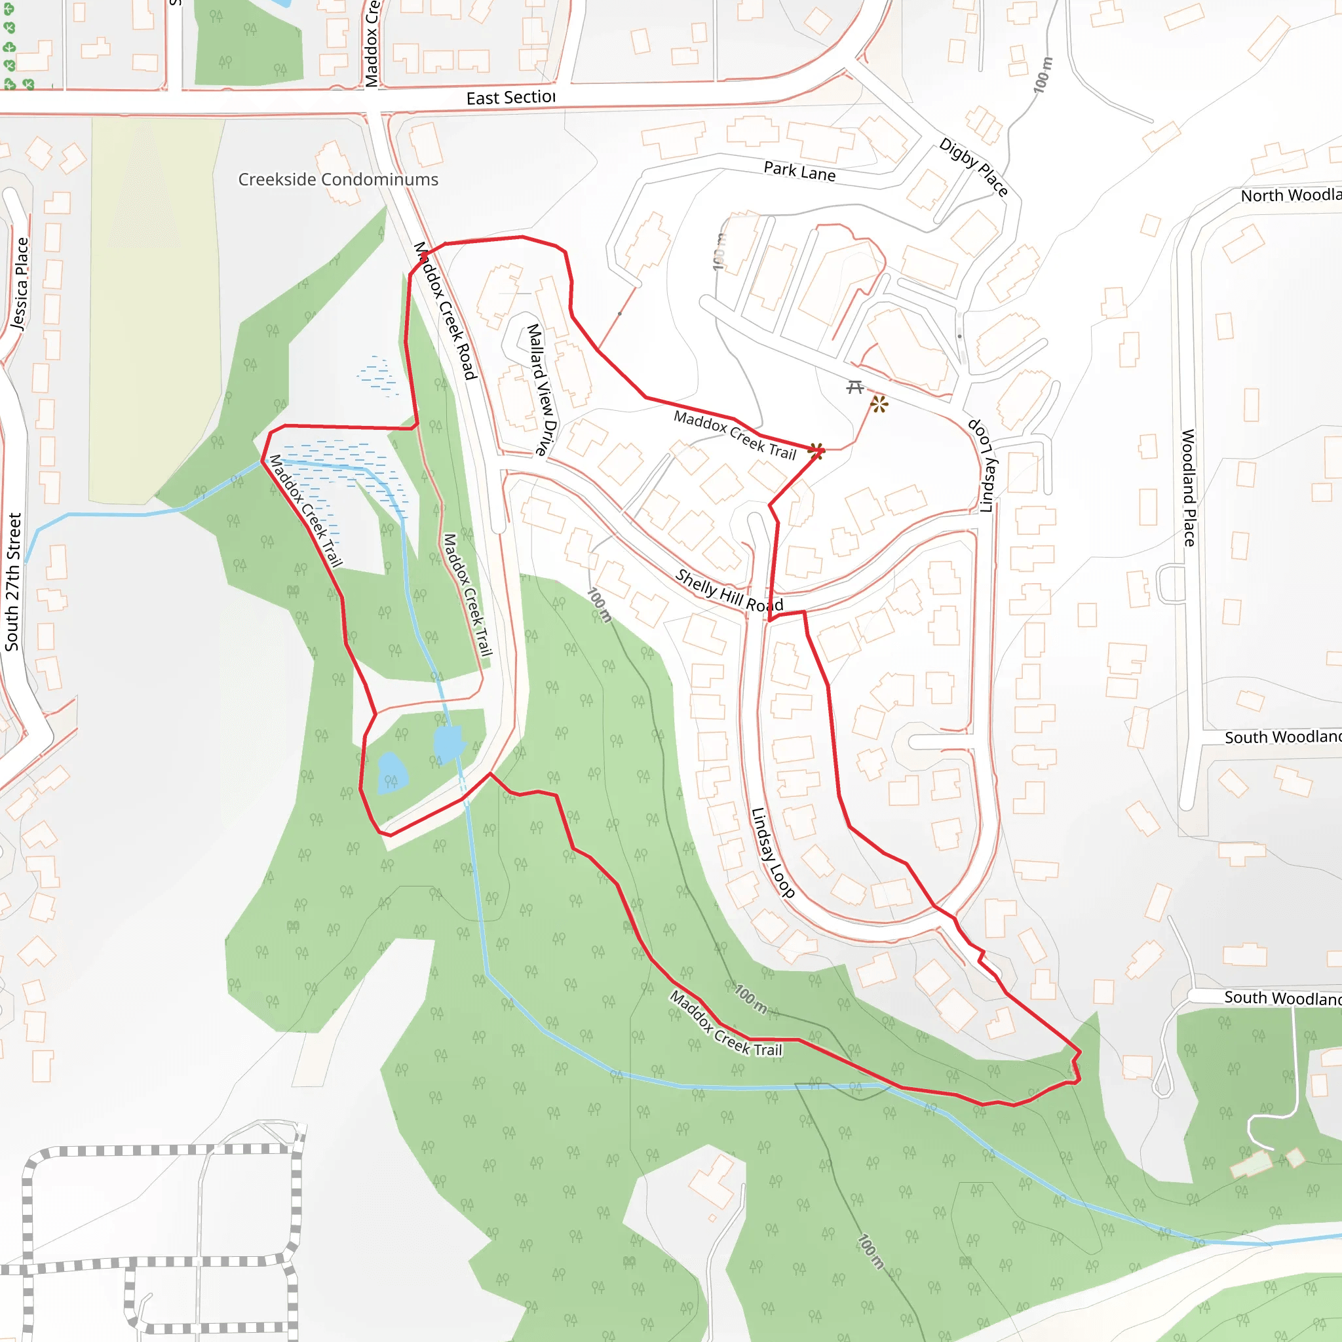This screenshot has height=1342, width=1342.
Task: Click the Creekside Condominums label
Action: tap(337, 179)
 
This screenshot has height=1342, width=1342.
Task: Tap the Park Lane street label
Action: tap(799, 171)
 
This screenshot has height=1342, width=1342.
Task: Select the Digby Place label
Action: tap(973, 166)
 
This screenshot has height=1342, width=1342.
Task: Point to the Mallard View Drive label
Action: tap(542, 389)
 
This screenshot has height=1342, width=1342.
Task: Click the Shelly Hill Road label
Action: tap(729, 590)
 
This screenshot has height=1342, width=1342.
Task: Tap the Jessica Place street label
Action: tap(20, 283)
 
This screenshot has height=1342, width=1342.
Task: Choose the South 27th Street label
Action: tap(13, 581)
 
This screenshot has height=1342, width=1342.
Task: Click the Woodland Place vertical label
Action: tap(1189, 488)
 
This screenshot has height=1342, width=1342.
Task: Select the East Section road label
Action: tap(510, 98)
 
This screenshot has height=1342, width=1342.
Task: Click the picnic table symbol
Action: tap(855, 386)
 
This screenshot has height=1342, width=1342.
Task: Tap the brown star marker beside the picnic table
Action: tap(879, 404)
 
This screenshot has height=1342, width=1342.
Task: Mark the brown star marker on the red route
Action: tap(816, 451)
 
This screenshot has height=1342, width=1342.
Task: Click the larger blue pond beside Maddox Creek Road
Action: tap(448, 743)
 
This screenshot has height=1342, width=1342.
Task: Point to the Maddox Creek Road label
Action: tap(445, 311)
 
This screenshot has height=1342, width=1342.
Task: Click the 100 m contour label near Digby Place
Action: tap(1043, 75)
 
